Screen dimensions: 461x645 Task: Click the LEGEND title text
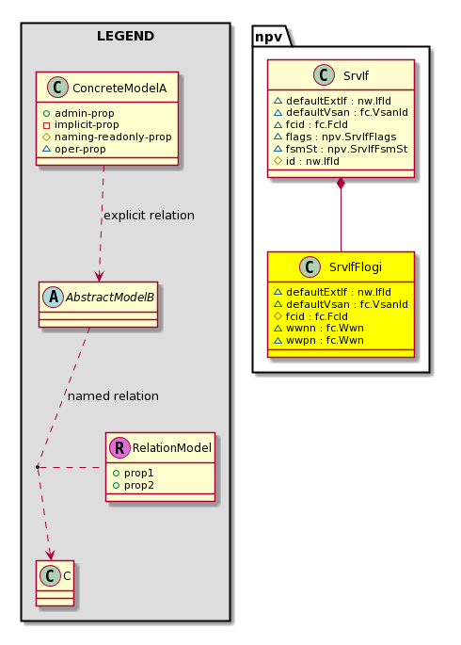tap(125, 36)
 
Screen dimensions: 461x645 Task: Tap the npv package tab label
tap(268, 37)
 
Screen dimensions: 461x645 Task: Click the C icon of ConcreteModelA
tap(57, 88)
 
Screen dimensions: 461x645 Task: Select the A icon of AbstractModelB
tap(54, 297)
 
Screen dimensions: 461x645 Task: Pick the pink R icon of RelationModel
tap(119, 447)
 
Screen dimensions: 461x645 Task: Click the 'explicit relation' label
tap(149, 215)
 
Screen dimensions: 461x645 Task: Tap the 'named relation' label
tap(113, 396)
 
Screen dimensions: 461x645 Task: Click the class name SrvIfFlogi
tap(356, 267)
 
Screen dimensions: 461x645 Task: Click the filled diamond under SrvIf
tap(341, 184)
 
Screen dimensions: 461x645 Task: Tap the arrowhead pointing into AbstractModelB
tap(99, 277)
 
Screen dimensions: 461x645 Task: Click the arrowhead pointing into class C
tap(50, 555)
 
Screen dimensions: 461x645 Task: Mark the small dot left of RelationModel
tap(38, 467)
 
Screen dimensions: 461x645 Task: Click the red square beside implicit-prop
tap(46, 125)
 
